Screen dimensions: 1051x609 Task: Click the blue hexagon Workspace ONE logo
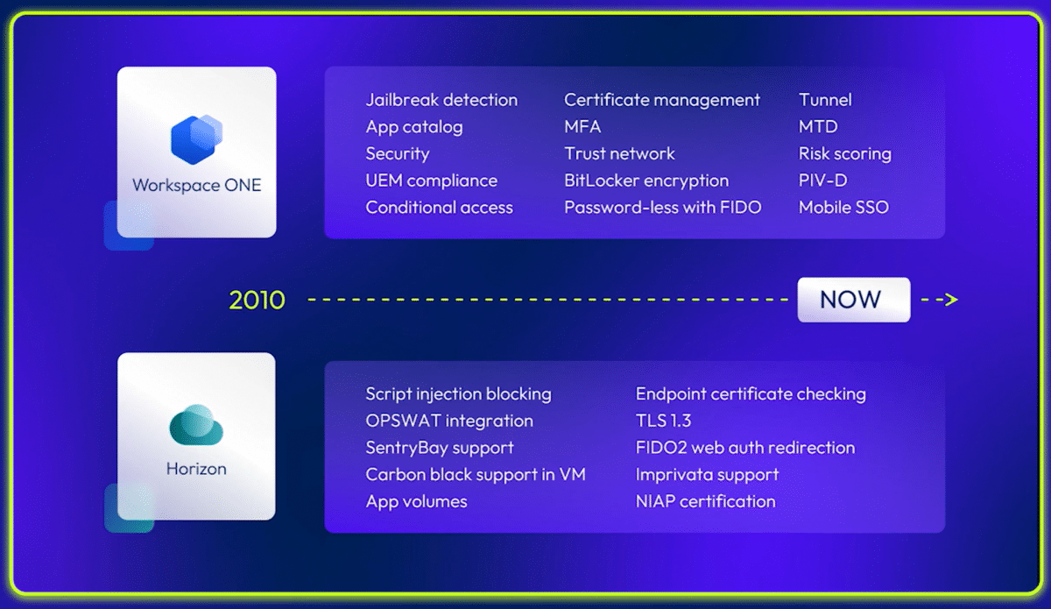196,139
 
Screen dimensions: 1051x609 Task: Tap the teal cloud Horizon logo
196,424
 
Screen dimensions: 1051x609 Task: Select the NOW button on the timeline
853,300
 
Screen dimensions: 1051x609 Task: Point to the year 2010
257,300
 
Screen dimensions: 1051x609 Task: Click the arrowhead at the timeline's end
951,300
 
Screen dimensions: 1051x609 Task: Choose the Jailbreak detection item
441,100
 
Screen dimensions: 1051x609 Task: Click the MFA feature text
582,127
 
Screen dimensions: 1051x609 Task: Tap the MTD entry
818,127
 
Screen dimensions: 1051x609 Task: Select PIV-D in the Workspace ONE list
823,181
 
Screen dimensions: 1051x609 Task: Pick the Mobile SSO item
843,207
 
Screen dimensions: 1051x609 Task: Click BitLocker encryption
646,181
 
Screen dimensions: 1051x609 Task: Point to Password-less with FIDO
662,208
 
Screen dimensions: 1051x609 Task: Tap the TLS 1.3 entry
664,421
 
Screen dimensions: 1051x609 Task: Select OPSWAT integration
449,421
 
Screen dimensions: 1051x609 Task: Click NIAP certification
706,501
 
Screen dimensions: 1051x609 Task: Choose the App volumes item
417,502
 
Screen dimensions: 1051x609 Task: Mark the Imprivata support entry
707,475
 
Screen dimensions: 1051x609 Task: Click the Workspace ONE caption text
196,186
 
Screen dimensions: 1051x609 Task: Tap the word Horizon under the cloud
196,469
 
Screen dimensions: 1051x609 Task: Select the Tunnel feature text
825,100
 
